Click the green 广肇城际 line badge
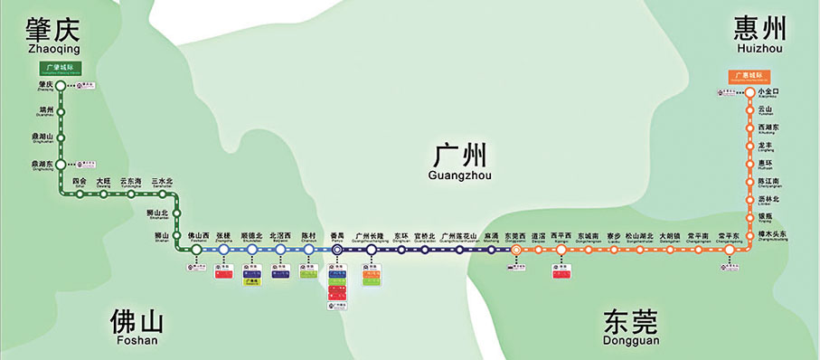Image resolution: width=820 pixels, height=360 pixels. (x=60, y=68)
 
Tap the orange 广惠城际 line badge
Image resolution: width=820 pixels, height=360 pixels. (x=749, y=74)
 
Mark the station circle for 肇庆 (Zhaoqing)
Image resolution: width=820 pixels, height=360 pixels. (x=61, y=86)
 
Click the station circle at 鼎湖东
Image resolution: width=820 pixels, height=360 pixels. (x=61, y=166)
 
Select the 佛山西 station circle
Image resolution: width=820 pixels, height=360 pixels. (x=196, y=250)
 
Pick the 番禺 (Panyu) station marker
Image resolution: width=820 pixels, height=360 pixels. (x=336, y=250)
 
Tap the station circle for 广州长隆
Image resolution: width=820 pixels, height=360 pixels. (x=371, y=250)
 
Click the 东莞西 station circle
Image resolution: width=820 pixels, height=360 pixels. (x=516, y=250)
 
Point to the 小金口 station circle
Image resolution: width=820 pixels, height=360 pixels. (x=749, y=91)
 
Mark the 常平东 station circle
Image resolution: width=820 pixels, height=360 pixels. (x=728, y=250)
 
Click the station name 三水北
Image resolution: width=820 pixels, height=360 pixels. (x=162, y=182)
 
